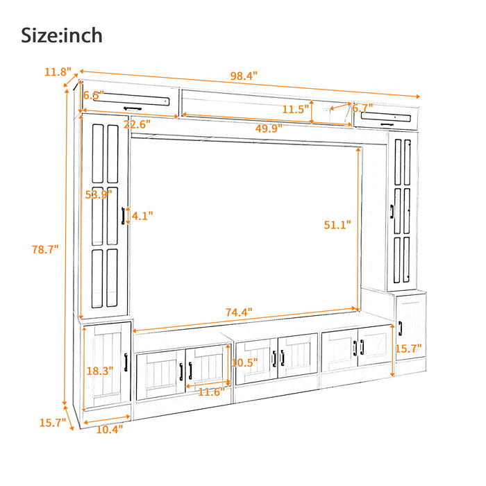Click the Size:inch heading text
pos(62,34)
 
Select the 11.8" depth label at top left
pos(58,72)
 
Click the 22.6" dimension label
pos(137,125)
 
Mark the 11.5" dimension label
pos(296,109)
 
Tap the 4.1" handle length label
pos(141,216)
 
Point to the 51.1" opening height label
pos(337,224)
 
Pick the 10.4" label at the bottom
pos(109,429)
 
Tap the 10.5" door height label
pos(244,362)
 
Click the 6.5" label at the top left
pos(93,95)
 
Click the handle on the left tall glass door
pos(123,216)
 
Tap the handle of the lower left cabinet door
pos(125,363)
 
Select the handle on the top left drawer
pos(131,108)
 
